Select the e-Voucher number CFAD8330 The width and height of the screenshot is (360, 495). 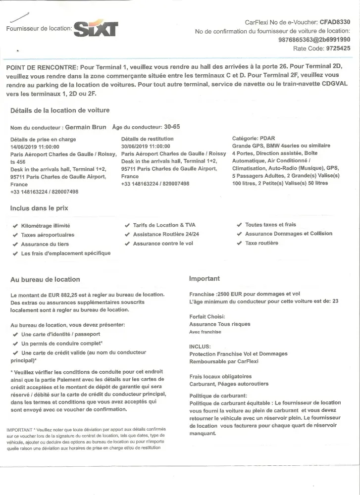(x=335, y=22)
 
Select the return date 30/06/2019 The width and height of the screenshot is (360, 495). (x=134, y=147)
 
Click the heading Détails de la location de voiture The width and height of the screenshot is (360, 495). (x=60, y=110)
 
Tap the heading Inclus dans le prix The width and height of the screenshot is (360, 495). (x=40, y=208)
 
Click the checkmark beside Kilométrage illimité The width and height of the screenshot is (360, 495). (x=15, y=226)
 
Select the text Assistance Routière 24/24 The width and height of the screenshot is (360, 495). (x=166, y=234)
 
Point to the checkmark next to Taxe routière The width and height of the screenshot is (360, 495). (x=240, y=244)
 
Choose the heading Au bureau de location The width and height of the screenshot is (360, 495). (x=45, y=280)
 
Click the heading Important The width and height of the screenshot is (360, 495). (x=205, y=279)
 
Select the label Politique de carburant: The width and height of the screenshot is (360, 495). (x=218, y=396)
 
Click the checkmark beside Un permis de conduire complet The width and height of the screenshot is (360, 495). (x=15, y=344)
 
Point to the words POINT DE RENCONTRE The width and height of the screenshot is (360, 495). (x=42, y=67)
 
